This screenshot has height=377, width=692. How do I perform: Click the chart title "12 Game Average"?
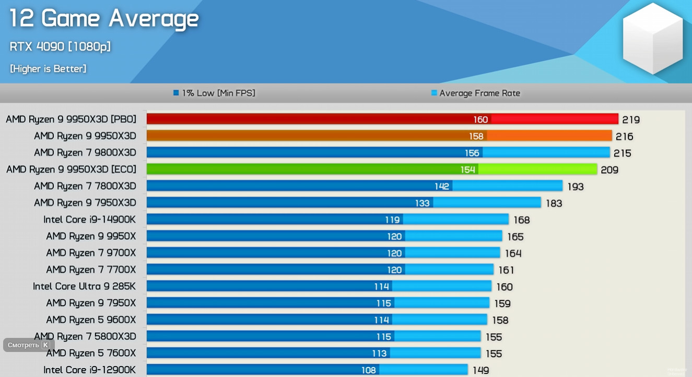tap(104, 19)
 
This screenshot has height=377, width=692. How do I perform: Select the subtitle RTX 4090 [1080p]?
tap(60, 46)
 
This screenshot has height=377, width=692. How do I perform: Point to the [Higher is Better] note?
tap(48, 69)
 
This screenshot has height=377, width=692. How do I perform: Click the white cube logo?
tap(652, 38)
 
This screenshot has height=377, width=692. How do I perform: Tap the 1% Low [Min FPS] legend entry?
tap(214, 93)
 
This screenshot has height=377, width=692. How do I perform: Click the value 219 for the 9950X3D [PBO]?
tap(631, 119)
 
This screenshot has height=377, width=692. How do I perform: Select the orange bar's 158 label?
tap(476, 136)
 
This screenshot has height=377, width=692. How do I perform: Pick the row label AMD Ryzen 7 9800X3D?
tap(85, 153)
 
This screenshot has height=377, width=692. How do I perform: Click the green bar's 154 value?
tap(468, 169)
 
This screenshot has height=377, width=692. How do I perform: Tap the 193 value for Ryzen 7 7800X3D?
tap(576, 186)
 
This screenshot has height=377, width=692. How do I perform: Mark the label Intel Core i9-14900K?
tap(90, 220)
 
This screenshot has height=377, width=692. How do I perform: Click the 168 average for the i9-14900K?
tap(522, 220)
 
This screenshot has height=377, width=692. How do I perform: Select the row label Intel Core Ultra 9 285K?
tap(85, 286)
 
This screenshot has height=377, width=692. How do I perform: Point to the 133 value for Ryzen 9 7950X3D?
tap(423, 203)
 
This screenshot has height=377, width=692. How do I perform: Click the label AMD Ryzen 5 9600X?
tap(91, 320)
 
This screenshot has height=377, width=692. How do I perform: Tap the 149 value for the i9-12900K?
tap(481, 370)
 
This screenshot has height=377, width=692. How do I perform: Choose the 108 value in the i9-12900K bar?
tap(369, 370)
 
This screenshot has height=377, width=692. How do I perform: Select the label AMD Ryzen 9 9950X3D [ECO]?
tap(71, 169)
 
